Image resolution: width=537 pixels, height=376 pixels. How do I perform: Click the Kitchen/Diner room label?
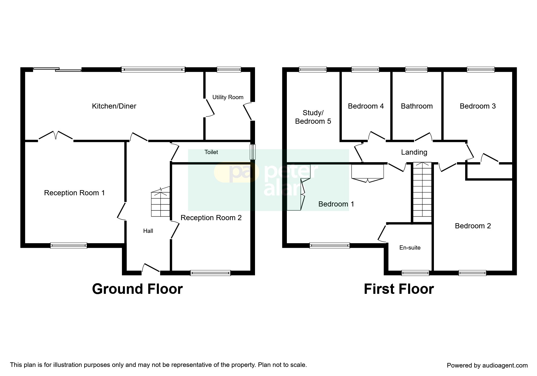click(114, 106)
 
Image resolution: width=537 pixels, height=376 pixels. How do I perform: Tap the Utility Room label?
click(228, 97)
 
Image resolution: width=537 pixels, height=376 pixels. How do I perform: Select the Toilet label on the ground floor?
click(211, 152)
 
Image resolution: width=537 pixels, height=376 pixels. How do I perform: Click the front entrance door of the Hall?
click(151, 268)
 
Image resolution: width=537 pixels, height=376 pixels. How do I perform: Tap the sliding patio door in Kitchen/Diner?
click(57, 70)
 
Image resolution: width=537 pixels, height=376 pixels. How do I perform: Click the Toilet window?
click(253, 152)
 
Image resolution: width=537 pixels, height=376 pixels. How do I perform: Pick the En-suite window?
click(415, 273)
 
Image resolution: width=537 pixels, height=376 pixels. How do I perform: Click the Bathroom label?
click(417, 106)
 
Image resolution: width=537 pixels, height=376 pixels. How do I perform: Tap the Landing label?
click(414, 152)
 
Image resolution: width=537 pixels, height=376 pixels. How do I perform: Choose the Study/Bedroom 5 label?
click(313, 117)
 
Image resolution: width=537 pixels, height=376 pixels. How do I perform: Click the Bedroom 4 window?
click(365, 70)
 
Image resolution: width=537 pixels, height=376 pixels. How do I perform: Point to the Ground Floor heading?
click(137, 289)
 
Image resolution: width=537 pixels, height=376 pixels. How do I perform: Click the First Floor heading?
click(399, 289)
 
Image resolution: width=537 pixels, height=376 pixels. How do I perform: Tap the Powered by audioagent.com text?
click(487, 365)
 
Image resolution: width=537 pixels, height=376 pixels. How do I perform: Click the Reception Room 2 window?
click(210, 273)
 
